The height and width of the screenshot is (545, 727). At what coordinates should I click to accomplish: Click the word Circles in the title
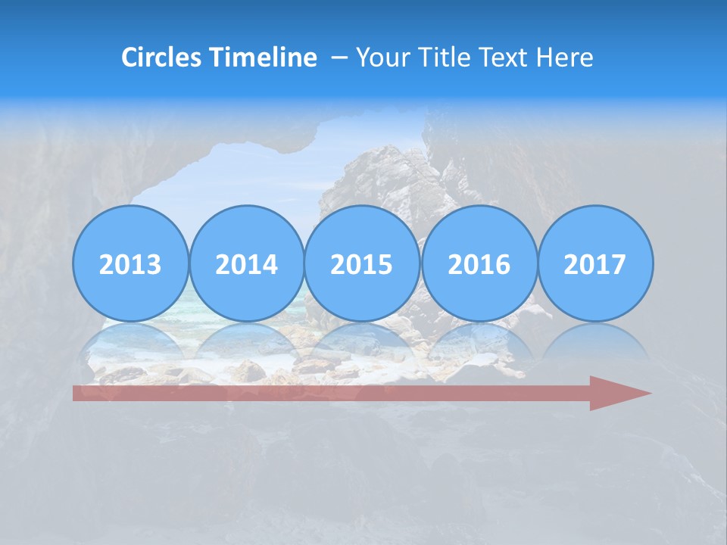(x=163, y=58)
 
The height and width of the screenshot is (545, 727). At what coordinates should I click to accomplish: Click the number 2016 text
(x=479, y=265)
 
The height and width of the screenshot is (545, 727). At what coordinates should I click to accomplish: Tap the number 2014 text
(x=247, y=265)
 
